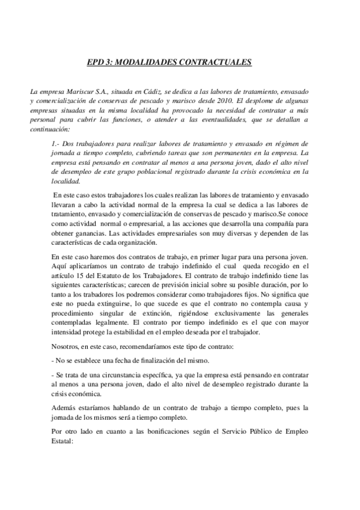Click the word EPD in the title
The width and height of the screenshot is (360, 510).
pyautogui.click(x=96, y=61)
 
